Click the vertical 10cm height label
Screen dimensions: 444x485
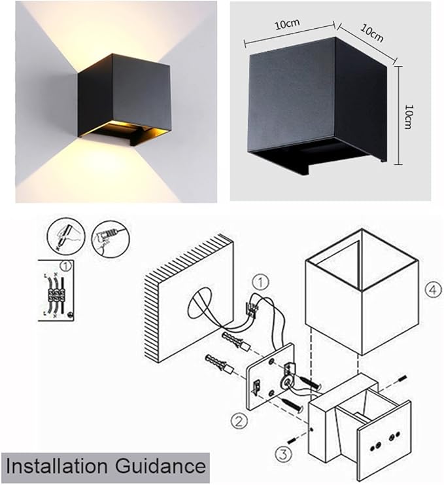pos(409,117)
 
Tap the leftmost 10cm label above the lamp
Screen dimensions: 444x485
pos(287,24)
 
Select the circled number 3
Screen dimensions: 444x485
pos(283,454)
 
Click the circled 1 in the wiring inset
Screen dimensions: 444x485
pos(66,266)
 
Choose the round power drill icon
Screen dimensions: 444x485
pos(110,239)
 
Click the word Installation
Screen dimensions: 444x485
pos(57,466)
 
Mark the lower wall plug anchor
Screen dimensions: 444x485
pos(218,364)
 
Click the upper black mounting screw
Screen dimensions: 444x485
pos(310,383)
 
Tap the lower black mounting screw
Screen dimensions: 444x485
pos(292,406)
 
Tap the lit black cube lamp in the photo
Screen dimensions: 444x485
pos(124,99)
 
